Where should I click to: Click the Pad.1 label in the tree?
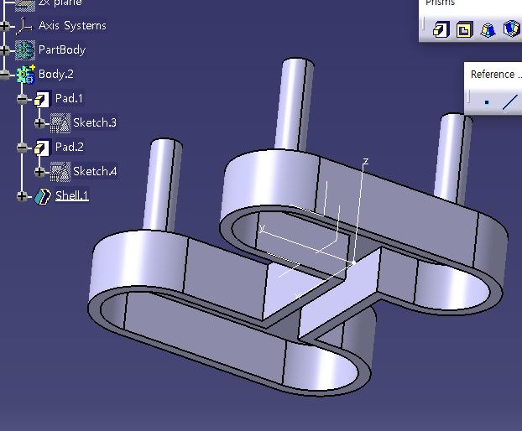pos(69,99)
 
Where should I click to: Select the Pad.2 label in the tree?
pos(69,148)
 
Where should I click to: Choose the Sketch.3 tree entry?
pos(94,123)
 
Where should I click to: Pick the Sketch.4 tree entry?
pos(94,172)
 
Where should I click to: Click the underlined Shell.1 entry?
pos(71,196)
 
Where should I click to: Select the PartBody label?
pos(61,50)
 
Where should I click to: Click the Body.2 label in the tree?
pos(56,75)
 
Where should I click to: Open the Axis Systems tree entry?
pos(72,26)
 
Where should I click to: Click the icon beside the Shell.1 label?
pos(43,196)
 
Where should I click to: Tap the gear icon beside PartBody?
pos(25,50)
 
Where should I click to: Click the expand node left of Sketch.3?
pos(39,123)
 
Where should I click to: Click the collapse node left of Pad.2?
pos(22,148)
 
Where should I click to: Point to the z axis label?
pos(365,160)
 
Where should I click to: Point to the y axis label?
pos(263,227)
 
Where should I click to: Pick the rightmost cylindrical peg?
pos(453,155)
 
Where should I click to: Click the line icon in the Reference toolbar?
pos(509,103)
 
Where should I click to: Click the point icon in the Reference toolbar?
pos(486,103)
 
